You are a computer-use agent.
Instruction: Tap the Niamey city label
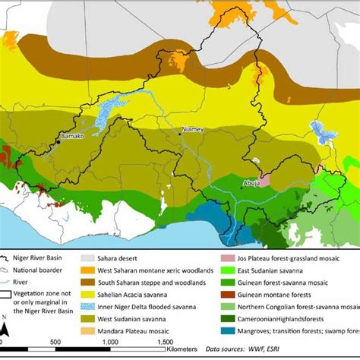click(x=191, y=130)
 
